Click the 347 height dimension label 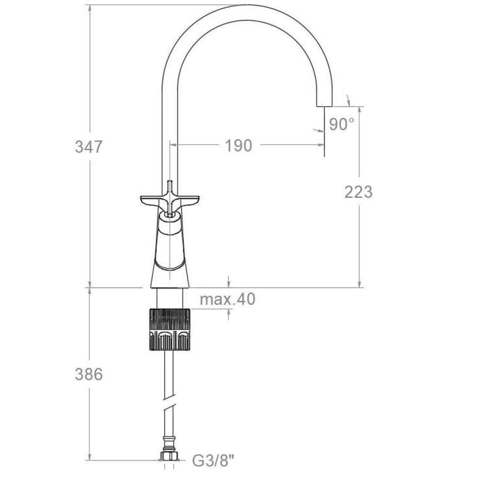88,147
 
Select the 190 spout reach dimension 238,145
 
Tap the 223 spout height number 358,192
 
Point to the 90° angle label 341,124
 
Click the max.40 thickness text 227,299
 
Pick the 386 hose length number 89,375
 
